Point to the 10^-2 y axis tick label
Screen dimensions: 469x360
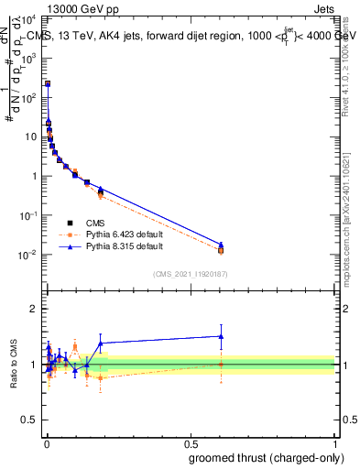coord(28,255)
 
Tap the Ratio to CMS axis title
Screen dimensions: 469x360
coord(16,365)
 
